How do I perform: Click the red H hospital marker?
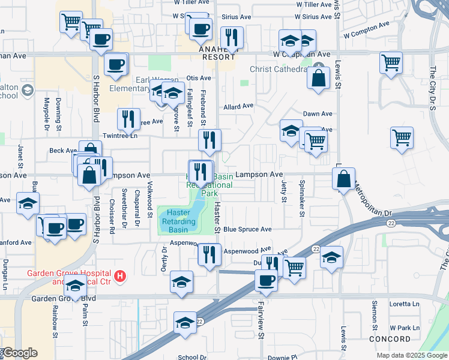click(x=121, y=277)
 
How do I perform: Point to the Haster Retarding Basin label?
click(x=178, y=221)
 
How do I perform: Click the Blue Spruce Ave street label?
click(x=247, y=229)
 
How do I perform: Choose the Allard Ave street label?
click(x=238, y=107)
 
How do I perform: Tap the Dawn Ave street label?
click(x=318, y=113)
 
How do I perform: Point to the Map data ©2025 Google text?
click(x=412, y=355)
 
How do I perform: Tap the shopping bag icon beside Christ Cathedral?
click(x=318, y=77)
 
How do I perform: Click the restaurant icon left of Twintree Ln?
click(x=128, y=119)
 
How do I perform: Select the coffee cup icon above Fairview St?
click(x=266, y=280)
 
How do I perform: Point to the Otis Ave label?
click(x=198, y=78)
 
